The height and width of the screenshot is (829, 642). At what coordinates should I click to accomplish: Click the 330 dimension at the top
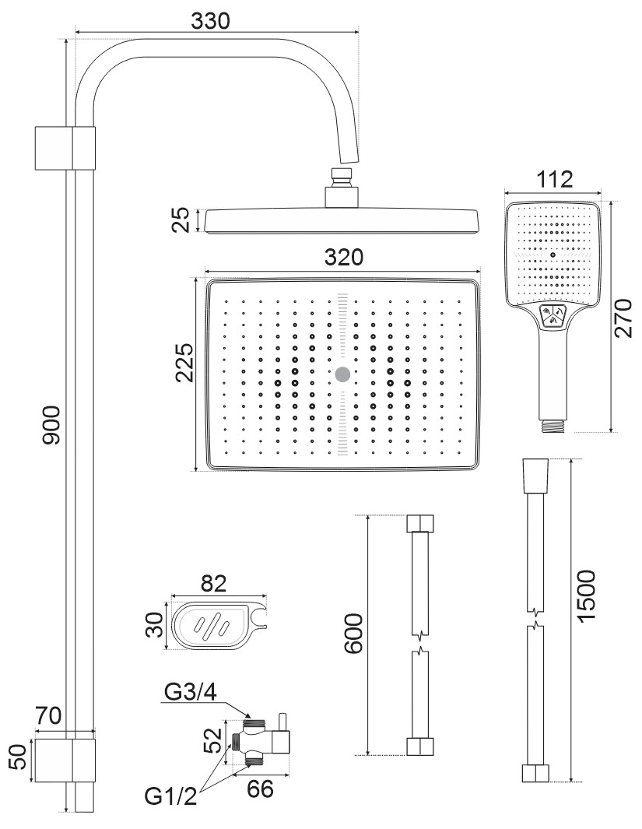pos(211,21)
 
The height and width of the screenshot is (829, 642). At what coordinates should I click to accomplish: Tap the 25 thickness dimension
pos(181,220)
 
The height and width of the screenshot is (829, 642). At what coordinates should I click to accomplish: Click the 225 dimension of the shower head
pos(184,363)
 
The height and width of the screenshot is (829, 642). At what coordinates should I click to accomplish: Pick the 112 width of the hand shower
pos(555,179)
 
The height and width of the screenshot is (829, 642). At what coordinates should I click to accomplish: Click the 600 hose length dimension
pos(355,634)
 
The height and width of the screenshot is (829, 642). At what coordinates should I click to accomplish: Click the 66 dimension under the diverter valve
pos(260,788)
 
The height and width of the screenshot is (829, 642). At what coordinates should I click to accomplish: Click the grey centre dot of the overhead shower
pos(342,374)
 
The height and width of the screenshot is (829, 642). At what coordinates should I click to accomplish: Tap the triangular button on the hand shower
pos(553,317)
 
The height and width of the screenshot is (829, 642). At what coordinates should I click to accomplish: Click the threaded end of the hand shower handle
pos(553,426)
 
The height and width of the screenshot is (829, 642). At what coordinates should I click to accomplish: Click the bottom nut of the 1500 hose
pos(535,774)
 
